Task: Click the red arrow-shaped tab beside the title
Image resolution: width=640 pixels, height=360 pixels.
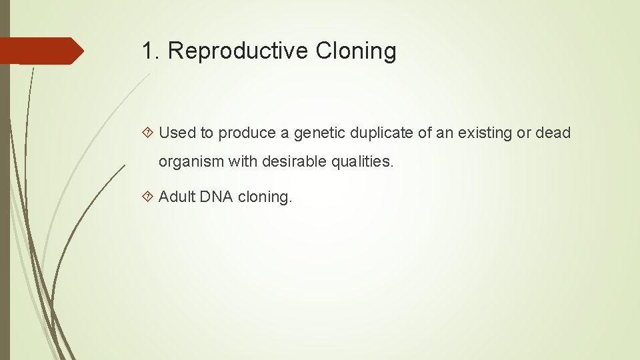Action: pyautogui.click(x=41, y=51)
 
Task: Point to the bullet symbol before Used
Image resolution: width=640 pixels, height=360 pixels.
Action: pyautogui.click(x=149, y=133)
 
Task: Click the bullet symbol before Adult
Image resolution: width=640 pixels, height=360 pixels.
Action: pyautogui.click(x=149, y=197)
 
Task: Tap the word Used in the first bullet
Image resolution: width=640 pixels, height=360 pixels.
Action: pyautogui.click(x=177, y=133)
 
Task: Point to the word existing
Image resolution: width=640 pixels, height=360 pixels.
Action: pyautogui.click(x=485, y=133)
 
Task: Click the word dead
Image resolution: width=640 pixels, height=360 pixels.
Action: pyautogui.click(x=553, y=133)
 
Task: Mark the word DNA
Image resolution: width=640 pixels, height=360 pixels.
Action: pyautogui.click(x=215, y=197)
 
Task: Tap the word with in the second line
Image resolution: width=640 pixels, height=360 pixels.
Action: pyautogui.click(x=234, y=161)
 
